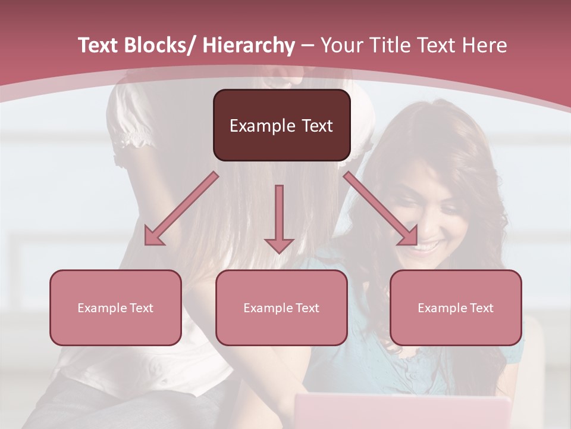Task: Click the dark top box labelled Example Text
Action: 281,125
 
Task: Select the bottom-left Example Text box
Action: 115,307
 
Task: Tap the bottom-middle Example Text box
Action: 281,307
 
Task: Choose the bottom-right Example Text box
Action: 456,307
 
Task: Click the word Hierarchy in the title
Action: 249,45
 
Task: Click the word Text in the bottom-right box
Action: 482,307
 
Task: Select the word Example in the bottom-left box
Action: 101,307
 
